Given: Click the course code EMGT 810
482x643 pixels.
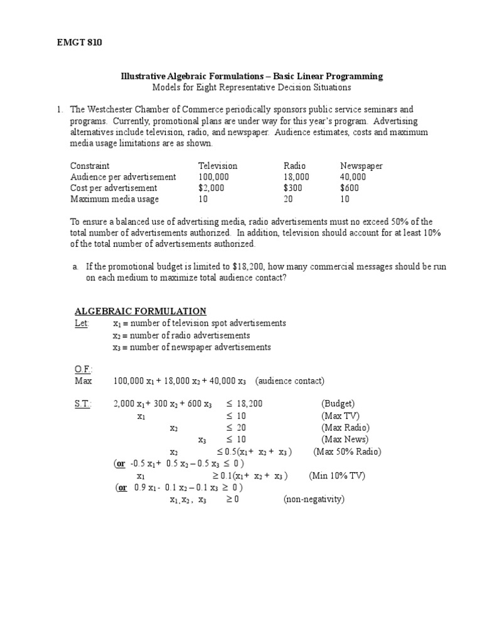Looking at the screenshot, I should tap(80, 43).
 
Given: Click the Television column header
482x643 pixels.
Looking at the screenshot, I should tap(218, 166).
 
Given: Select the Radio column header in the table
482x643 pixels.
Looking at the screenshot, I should tap(294, 166).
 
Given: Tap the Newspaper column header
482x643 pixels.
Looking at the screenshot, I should tap(361, 166).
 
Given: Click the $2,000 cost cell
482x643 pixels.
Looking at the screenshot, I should tap(210, 188).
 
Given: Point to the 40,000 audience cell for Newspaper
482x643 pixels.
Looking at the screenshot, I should tap(353, 177).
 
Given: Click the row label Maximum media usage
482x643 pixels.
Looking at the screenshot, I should tap(114, 199).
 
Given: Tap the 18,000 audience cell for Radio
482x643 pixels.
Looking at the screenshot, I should tap(296, 177).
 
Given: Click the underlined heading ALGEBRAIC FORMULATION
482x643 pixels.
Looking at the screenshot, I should tap(141, 311).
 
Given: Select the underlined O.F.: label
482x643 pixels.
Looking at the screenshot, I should tap(83, 370).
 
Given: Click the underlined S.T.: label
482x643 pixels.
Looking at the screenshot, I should tap(83, 403).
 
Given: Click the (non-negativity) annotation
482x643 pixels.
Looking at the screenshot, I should tap(314, 499).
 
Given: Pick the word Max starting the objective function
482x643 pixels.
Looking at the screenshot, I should tap(83, 381).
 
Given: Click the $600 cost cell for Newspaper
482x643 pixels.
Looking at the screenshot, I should tap(350, 188).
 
